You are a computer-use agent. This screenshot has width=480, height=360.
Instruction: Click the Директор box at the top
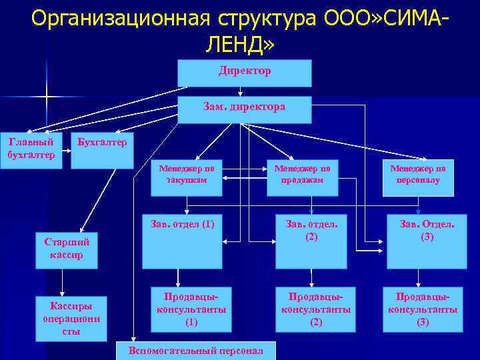point(244,73)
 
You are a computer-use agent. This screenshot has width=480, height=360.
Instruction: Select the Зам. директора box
point(244,109)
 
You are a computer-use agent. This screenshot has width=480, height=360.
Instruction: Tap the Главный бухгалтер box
point(31,150)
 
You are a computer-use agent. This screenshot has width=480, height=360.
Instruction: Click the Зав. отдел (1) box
point(182,241)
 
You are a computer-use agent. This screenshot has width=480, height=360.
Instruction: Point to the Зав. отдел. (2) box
point(312,241)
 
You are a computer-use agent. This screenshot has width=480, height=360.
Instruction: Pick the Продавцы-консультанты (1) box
point(191,309)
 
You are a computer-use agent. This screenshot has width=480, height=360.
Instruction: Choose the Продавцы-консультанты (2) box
point(315,309)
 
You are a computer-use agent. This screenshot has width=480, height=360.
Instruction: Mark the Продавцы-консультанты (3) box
point(423,309)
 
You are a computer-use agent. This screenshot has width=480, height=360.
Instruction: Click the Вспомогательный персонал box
point(195,350)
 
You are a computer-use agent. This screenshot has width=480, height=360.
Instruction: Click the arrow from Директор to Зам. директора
point(240,92)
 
